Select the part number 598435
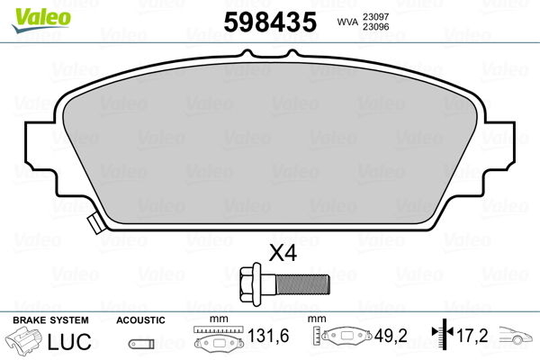point(270,22)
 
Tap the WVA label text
point(347,22)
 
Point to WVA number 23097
point(375,16)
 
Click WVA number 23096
point(375,26)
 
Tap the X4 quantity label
point(283,254)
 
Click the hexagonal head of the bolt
point(250,284)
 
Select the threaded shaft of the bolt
point(302,284)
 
